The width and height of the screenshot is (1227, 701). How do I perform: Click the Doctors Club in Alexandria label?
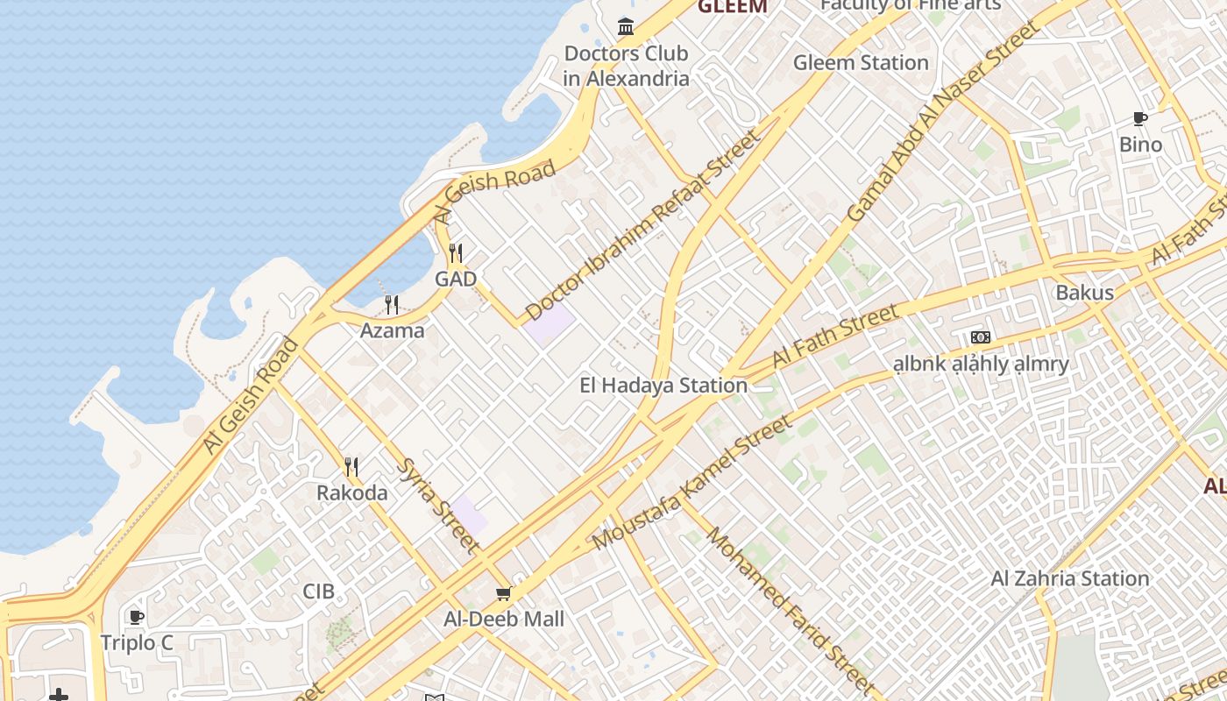(626, 66)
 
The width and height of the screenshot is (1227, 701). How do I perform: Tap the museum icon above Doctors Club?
(626, 27)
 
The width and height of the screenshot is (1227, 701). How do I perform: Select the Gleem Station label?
(860, 63)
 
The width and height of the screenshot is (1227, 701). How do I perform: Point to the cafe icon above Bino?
(1140, 118)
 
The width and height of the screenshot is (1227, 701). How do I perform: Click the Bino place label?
(1140, 145)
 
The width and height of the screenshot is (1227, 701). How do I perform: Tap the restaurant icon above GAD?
(456, 254)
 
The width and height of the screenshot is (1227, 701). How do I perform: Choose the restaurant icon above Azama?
(392, 305)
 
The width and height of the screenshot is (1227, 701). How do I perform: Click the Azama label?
(392, 331)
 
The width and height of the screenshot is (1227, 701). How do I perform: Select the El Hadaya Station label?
(663, 386)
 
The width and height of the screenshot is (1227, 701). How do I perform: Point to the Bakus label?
(1084, 293)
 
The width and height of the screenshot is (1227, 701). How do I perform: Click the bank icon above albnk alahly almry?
(980, 337)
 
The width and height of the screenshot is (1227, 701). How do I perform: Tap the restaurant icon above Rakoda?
(351, 466)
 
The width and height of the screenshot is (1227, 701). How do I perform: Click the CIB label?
(318, 591)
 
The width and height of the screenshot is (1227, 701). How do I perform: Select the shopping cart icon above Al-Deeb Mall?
(504, 594)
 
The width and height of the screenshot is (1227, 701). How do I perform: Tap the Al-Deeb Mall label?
(504, 620)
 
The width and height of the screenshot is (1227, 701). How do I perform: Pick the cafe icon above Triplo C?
(137, 617)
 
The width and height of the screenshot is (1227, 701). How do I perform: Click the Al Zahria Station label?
(1069, 578)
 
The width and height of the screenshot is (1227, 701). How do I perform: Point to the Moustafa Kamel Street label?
(692, 484)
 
